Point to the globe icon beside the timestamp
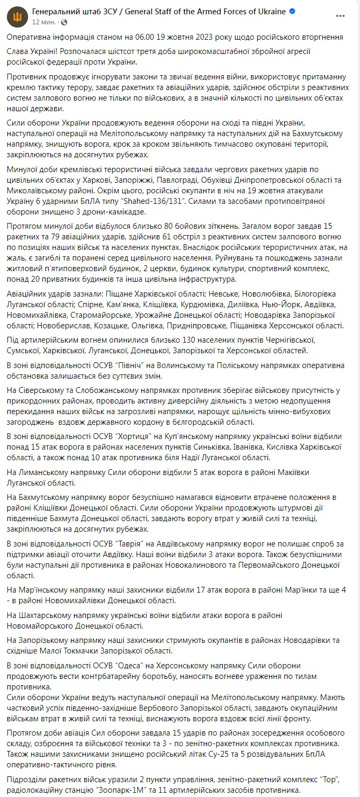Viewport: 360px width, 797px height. (x=64, y=22)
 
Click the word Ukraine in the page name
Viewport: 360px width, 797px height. (x=271, y=11)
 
